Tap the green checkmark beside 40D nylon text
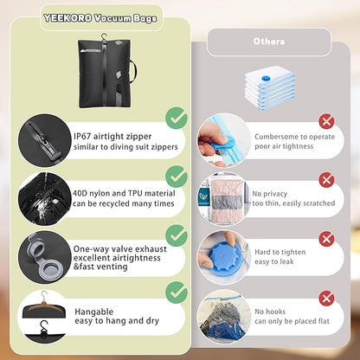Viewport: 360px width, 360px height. click(176, 176)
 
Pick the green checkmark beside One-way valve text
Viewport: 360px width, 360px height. click(176, 235)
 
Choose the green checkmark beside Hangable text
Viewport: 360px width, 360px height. click(176, 294)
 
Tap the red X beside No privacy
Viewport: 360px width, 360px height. click(325, 179)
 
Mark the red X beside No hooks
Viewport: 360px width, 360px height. click(325, 298)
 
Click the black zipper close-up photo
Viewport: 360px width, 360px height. click(43, 138)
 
